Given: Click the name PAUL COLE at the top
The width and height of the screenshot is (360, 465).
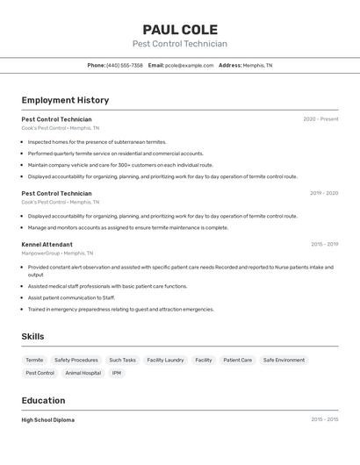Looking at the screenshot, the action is point(180,29).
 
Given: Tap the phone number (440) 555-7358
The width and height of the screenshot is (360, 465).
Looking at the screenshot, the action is point(124,65).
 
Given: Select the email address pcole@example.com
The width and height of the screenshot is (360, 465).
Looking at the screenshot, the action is point(190,65).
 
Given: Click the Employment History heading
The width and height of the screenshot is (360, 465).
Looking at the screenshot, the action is point(65,100).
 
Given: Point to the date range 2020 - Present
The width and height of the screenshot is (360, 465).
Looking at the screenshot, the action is point(320,119).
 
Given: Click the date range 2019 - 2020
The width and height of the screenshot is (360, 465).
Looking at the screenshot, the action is point(324,193).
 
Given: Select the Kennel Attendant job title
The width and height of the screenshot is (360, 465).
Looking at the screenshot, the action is point(47,245).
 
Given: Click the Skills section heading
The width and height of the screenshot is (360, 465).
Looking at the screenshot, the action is point(32,336).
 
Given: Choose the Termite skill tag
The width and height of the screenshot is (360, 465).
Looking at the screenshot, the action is point(34,360).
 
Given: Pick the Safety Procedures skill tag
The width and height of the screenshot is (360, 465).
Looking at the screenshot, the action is point(76,360).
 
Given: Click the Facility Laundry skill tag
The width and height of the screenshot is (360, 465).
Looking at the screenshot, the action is point(165,360).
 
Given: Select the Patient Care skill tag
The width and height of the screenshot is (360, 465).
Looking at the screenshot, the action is point(237,360).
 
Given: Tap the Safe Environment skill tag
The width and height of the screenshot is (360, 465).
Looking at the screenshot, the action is point(284,360).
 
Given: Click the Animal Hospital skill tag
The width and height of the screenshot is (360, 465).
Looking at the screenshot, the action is point(83,373).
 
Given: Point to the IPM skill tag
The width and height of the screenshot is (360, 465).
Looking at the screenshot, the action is point(116,373).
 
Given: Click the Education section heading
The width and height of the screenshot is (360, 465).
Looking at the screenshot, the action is point(43,400).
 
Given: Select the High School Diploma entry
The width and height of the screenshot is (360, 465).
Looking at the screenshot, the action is point(47,420).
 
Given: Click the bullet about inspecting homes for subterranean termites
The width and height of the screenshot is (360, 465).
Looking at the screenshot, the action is point(97,141).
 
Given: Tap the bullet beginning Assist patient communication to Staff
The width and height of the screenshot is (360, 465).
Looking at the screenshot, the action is point(71,297).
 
